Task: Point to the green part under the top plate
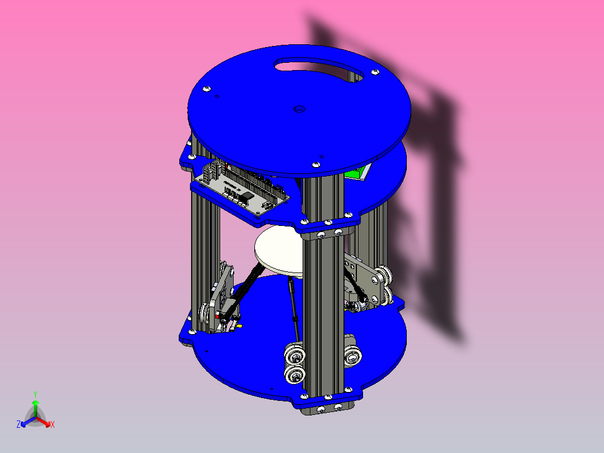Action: tap(357, 173)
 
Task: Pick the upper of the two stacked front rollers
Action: tap(294, 355)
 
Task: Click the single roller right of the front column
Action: tap(353, 354)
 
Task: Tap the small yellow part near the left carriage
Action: tap(239, 325)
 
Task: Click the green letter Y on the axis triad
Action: tap(35, 394)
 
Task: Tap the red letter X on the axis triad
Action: tap(53, 425)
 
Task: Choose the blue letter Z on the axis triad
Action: tap(18, 425)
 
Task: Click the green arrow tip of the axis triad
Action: tap(35, 403)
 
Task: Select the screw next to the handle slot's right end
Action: tap(374, 72)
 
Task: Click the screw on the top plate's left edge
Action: tap(207, 89)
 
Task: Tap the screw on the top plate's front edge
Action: tap(315, 164)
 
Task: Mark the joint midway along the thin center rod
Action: tap(295, 319)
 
